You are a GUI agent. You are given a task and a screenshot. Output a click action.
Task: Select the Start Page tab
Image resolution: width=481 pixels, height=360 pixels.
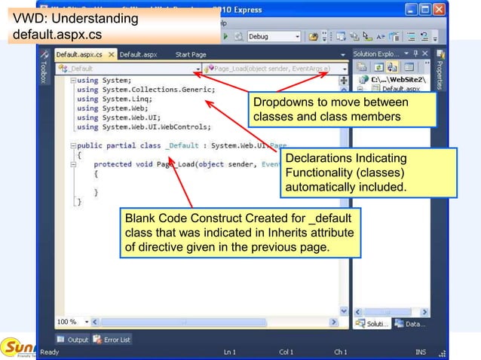coord(191,54)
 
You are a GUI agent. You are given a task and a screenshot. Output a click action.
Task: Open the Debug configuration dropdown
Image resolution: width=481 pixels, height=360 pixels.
coord(274,36)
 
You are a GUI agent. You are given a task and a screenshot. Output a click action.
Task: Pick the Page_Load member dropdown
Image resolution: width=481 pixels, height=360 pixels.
coord(272,69)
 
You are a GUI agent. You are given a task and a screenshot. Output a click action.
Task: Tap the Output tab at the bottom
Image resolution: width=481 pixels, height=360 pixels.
coord(73,340)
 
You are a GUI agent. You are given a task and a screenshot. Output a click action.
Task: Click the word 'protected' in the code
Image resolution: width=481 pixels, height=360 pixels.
coord(112,164)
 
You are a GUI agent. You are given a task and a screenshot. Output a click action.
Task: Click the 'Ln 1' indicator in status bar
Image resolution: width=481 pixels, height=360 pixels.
coord(229,352)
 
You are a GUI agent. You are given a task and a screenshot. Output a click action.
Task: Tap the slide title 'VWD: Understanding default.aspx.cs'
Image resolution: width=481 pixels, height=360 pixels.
coord(72,26)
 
